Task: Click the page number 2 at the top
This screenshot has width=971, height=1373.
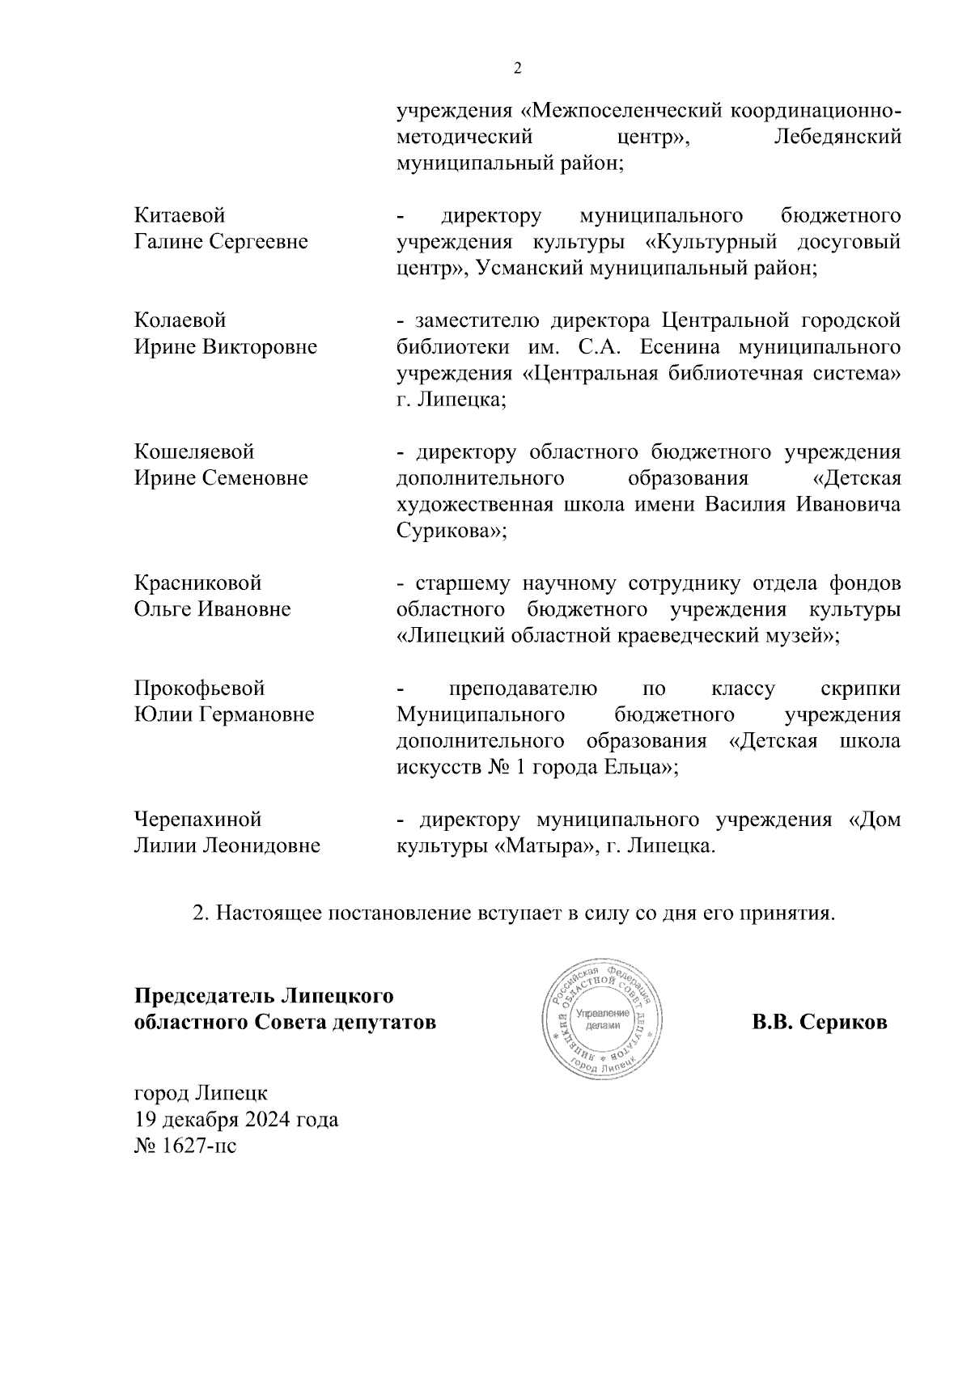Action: pyautogui.click(x=518, y=69)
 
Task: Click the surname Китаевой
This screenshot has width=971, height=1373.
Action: pyautogui.click(x=180, y=216)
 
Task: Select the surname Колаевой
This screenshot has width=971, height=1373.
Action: pyautogui.click(x=180, y=321)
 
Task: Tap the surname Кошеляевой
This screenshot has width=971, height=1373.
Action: pyautogui.click(x=194, y=451)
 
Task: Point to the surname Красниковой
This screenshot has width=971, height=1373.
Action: pyautogui.click(x=197, y=583)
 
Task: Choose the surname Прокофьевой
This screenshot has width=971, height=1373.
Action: pyautogui.click(x=199, y=689)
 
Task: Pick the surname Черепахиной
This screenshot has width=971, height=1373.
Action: pyautogui.click(x=197, y=820)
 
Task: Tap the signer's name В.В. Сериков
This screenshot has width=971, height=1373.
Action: pyautogui.click(x=819, y=1022)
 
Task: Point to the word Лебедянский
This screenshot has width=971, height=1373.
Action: pyautogui.click(x=837, y=137)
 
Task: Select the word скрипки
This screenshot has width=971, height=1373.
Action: pyautogui.click(x=860, y=689)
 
